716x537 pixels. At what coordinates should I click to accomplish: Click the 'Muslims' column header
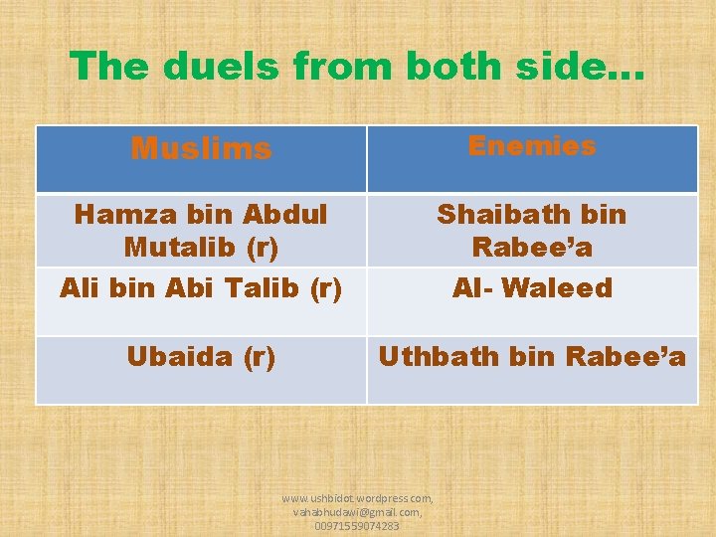pyautogui.click(x=201, y=148)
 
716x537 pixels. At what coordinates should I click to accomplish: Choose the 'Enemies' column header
pyautogui.click(x=532, y=146)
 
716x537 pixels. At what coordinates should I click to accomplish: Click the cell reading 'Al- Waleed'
pyautogui.click(x=532, y=288)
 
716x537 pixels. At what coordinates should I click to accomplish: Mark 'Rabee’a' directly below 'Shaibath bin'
pyautogui.click(x=532, y=246)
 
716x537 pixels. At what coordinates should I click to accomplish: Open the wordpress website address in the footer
pyautogui.click(x=357, y=497)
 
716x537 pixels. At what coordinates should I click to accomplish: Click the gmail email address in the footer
pyautogui.click(x=357, y=511)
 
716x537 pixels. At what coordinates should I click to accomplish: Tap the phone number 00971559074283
pyautogui.click(x=357, y=525)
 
